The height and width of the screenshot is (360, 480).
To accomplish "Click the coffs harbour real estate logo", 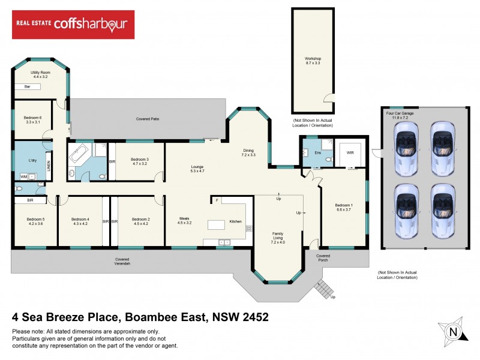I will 73,24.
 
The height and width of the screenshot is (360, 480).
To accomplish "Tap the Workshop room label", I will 313,58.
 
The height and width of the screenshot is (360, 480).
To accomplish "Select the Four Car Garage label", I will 401,113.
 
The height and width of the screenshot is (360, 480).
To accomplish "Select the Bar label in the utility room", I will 27,87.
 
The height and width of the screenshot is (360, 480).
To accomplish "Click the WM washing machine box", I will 23,177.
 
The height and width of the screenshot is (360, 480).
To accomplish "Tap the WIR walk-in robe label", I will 350,153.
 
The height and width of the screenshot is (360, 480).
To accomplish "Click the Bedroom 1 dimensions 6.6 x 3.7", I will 344,210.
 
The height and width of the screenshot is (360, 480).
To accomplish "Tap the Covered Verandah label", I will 122,262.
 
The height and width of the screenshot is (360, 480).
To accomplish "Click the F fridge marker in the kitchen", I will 217,200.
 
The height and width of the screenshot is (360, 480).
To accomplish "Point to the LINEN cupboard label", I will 49,163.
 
